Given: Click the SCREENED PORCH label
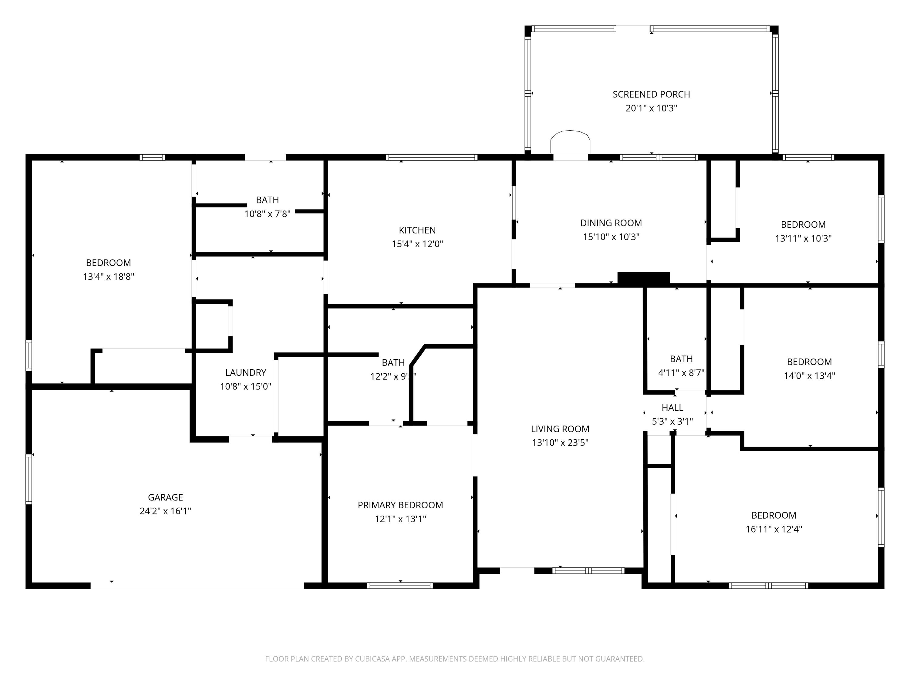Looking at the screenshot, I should click(x=651, y=95).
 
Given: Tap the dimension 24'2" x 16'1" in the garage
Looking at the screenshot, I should click(x=165, y=511).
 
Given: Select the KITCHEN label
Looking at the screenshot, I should click(x=417, y=230).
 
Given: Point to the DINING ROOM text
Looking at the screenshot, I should click(x=611, y=223).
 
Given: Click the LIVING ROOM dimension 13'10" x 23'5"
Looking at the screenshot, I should click(x=560, y=442).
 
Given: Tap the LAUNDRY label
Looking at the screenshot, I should click(x=246, y=373).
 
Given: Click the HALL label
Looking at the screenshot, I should click(x=672, y=407).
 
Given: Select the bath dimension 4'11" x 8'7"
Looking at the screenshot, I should click(x=681, y=373).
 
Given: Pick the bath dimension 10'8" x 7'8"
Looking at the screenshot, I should click(x=268, y=214).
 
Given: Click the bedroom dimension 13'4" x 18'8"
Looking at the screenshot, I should click(x=109, y=276).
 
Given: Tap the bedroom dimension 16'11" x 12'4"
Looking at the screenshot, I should click(x=774, y=529).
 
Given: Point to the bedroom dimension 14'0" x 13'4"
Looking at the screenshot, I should click(x=809, y=375).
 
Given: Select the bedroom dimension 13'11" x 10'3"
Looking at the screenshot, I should click(x=803, y=239).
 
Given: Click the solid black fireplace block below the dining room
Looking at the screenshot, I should click(x=643, y=278).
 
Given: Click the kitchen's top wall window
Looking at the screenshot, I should click(x=432, y=157).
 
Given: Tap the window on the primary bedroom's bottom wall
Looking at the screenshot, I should click(x=400, y=585).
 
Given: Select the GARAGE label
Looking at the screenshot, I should click(x=165, y=497).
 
